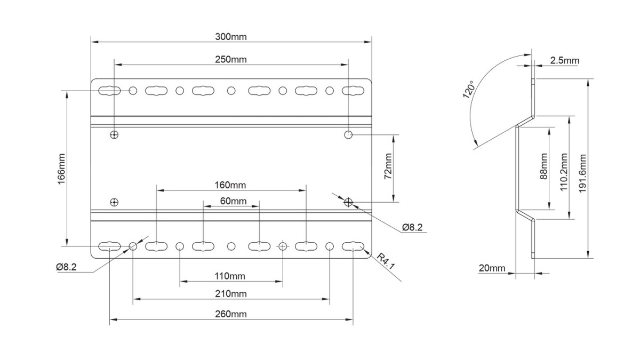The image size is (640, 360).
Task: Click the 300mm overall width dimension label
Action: tap(231, 37)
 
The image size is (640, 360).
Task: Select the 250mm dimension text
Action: tap(231, 60)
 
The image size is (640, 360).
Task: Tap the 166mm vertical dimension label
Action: tap(60, 169)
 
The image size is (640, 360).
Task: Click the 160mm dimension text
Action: tap(230, 185)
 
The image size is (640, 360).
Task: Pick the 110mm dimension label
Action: tap(230, 276)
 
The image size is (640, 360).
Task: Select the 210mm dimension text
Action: tap(230, 294)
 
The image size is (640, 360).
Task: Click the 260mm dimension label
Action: tap(230, 314)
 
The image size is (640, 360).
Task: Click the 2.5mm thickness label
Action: tap(564, 61)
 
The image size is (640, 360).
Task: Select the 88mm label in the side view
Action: tap(543, 167)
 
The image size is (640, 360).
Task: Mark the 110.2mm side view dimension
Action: tap(564, 167)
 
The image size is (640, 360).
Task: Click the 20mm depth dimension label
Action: tap(491, 268)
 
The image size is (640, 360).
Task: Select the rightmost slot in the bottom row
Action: tap(353, 246)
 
